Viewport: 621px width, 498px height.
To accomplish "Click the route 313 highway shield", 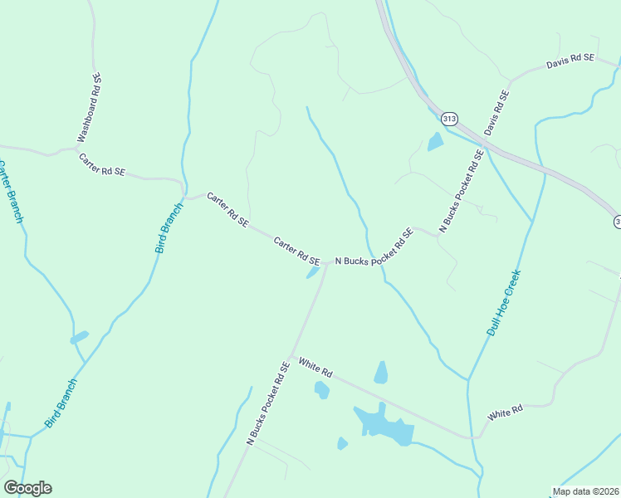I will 449,119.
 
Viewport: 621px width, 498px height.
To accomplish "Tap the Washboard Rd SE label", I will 90,107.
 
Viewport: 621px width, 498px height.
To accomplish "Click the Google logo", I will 27,488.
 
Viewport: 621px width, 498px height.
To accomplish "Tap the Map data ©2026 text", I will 585,491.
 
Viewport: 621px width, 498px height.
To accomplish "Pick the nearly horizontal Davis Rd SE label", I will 570,61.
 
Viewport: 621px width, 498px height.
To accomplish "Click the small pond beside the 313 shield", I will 435,142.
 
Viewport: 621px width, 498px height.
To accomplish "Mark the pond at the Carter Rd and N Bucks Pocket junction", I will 314,272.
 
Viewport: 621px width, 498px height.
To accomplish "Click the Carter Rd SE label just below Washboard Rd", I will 102,164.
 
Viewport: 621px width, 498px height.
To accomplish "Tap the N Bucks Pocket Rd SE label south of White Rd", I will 268,403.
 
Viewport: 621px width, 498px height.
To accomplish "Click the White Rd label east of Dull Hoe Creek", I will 506,412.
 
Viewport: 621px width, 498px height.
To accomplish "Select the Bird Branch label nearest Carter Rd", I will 169,228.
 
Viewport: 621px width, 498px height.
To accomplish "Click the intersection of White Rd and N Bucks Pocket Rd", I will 291,356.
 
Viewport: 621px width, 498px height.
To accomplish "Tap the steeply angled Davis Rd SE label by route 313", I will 496,114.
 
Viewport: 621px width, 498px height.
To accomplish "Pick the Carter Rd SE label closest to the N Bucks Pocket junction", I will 297,250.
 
